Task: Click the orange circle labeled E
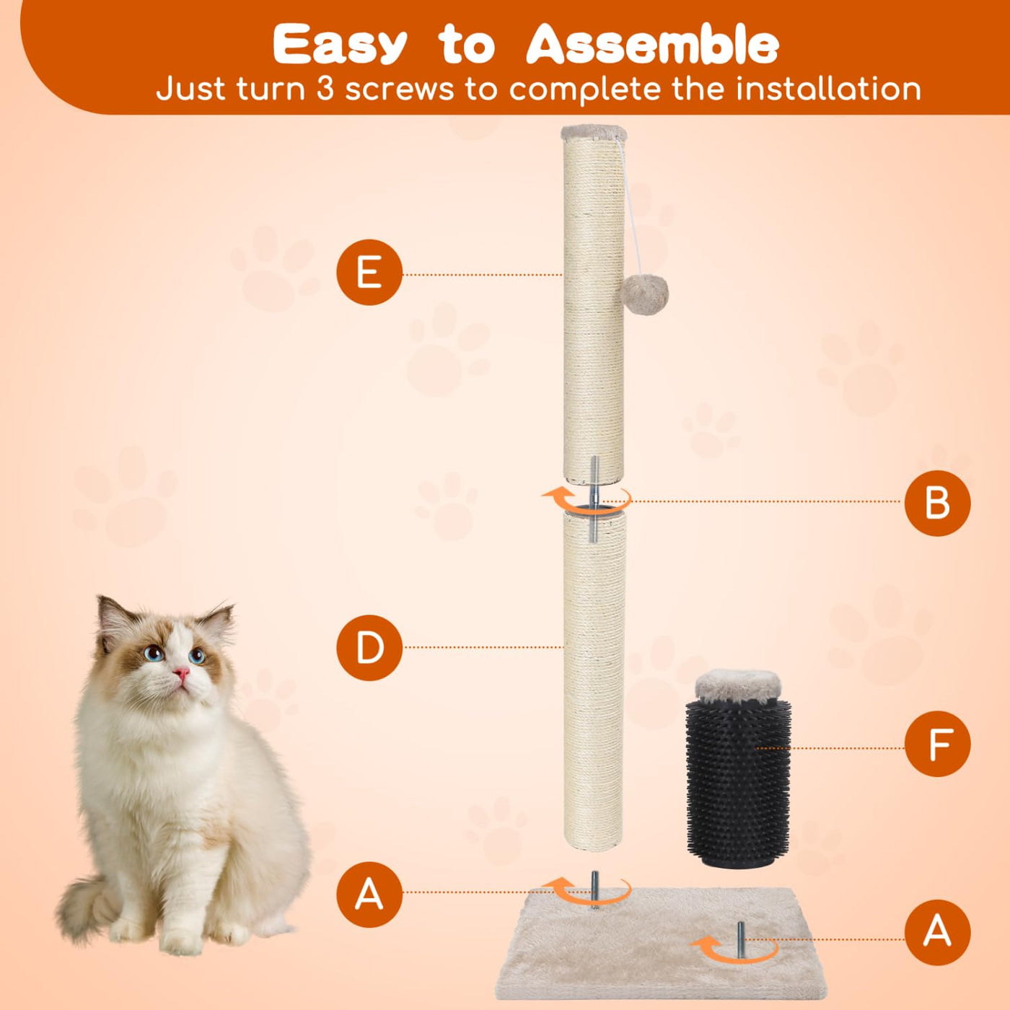[x=369, y=273]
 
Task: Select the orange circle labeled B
[x=938, y=503]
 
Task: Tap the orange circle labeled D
[x=369, y=648]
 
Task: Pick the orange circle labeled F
[x=938, y=744]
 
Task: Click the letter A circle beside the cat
[x=369, y=894]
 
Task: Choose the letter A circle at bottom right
[x=938, y=933]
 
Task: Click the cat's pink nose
[x=181, y=673]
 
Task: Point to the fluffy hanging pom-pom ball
[x=645, y=294]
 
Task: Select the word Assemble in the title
[x=652, y=45]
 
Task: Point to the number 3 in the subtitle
[x=325, y=89]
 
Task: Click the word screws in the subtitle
[x=400, y=90]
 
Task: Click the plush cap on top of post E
[x=594, y=133]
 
